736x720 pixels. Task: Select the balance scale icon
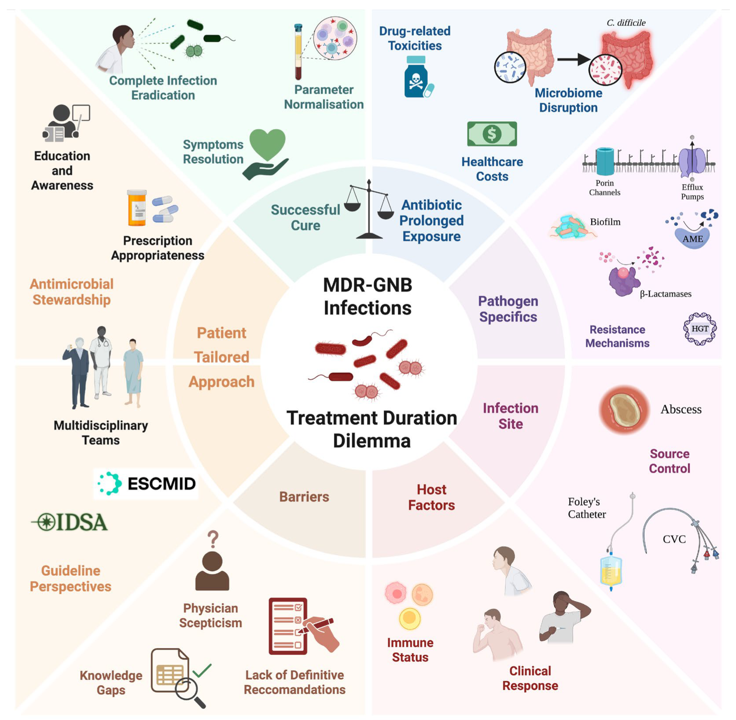[369, 210]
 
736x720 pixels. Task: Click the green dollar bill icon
[492, 134]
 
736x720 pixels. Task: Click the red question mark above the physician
[213, 539]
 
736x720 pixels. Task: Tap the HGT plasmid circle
[699, 329]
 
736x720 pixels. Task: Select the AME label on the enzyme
[692, 239]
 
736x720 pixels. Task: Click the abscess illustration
[624, 410]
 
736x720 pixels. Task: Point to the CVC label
[674, 539]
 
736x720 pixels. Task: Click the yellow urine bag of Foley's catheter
[611, 571]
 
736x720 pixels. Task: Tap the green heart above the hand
[267, 144]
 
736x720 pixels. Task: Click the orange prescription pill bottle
[137, 208]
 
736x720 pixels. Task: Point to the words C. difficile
[626, 23]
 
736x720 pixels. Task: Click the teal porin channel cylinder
[605, 161]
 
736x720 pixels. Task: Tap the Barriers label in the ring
[304, 497]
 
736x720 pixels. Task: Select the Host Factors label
[431, 497]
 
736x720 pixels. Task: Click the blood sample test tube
[298, 52]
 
